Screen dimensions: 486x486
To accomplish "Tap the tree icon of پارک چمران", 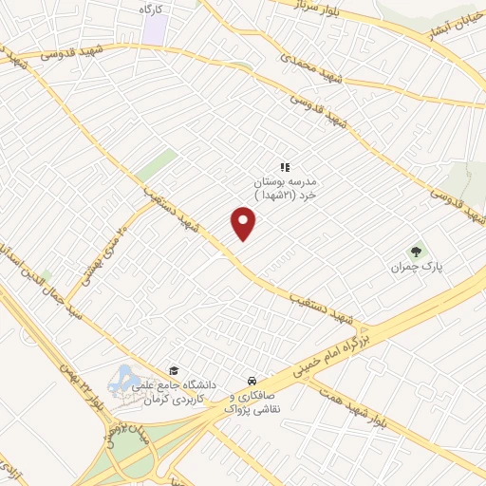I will pyautogui.click(x=415, y=252).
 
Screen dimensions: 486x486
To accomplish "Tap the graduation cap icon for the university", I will pyautogui.click(x=173, y=370).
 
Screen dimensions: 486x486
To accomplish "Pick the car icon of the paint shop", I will pyautogui.click(x=250, y=377).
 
